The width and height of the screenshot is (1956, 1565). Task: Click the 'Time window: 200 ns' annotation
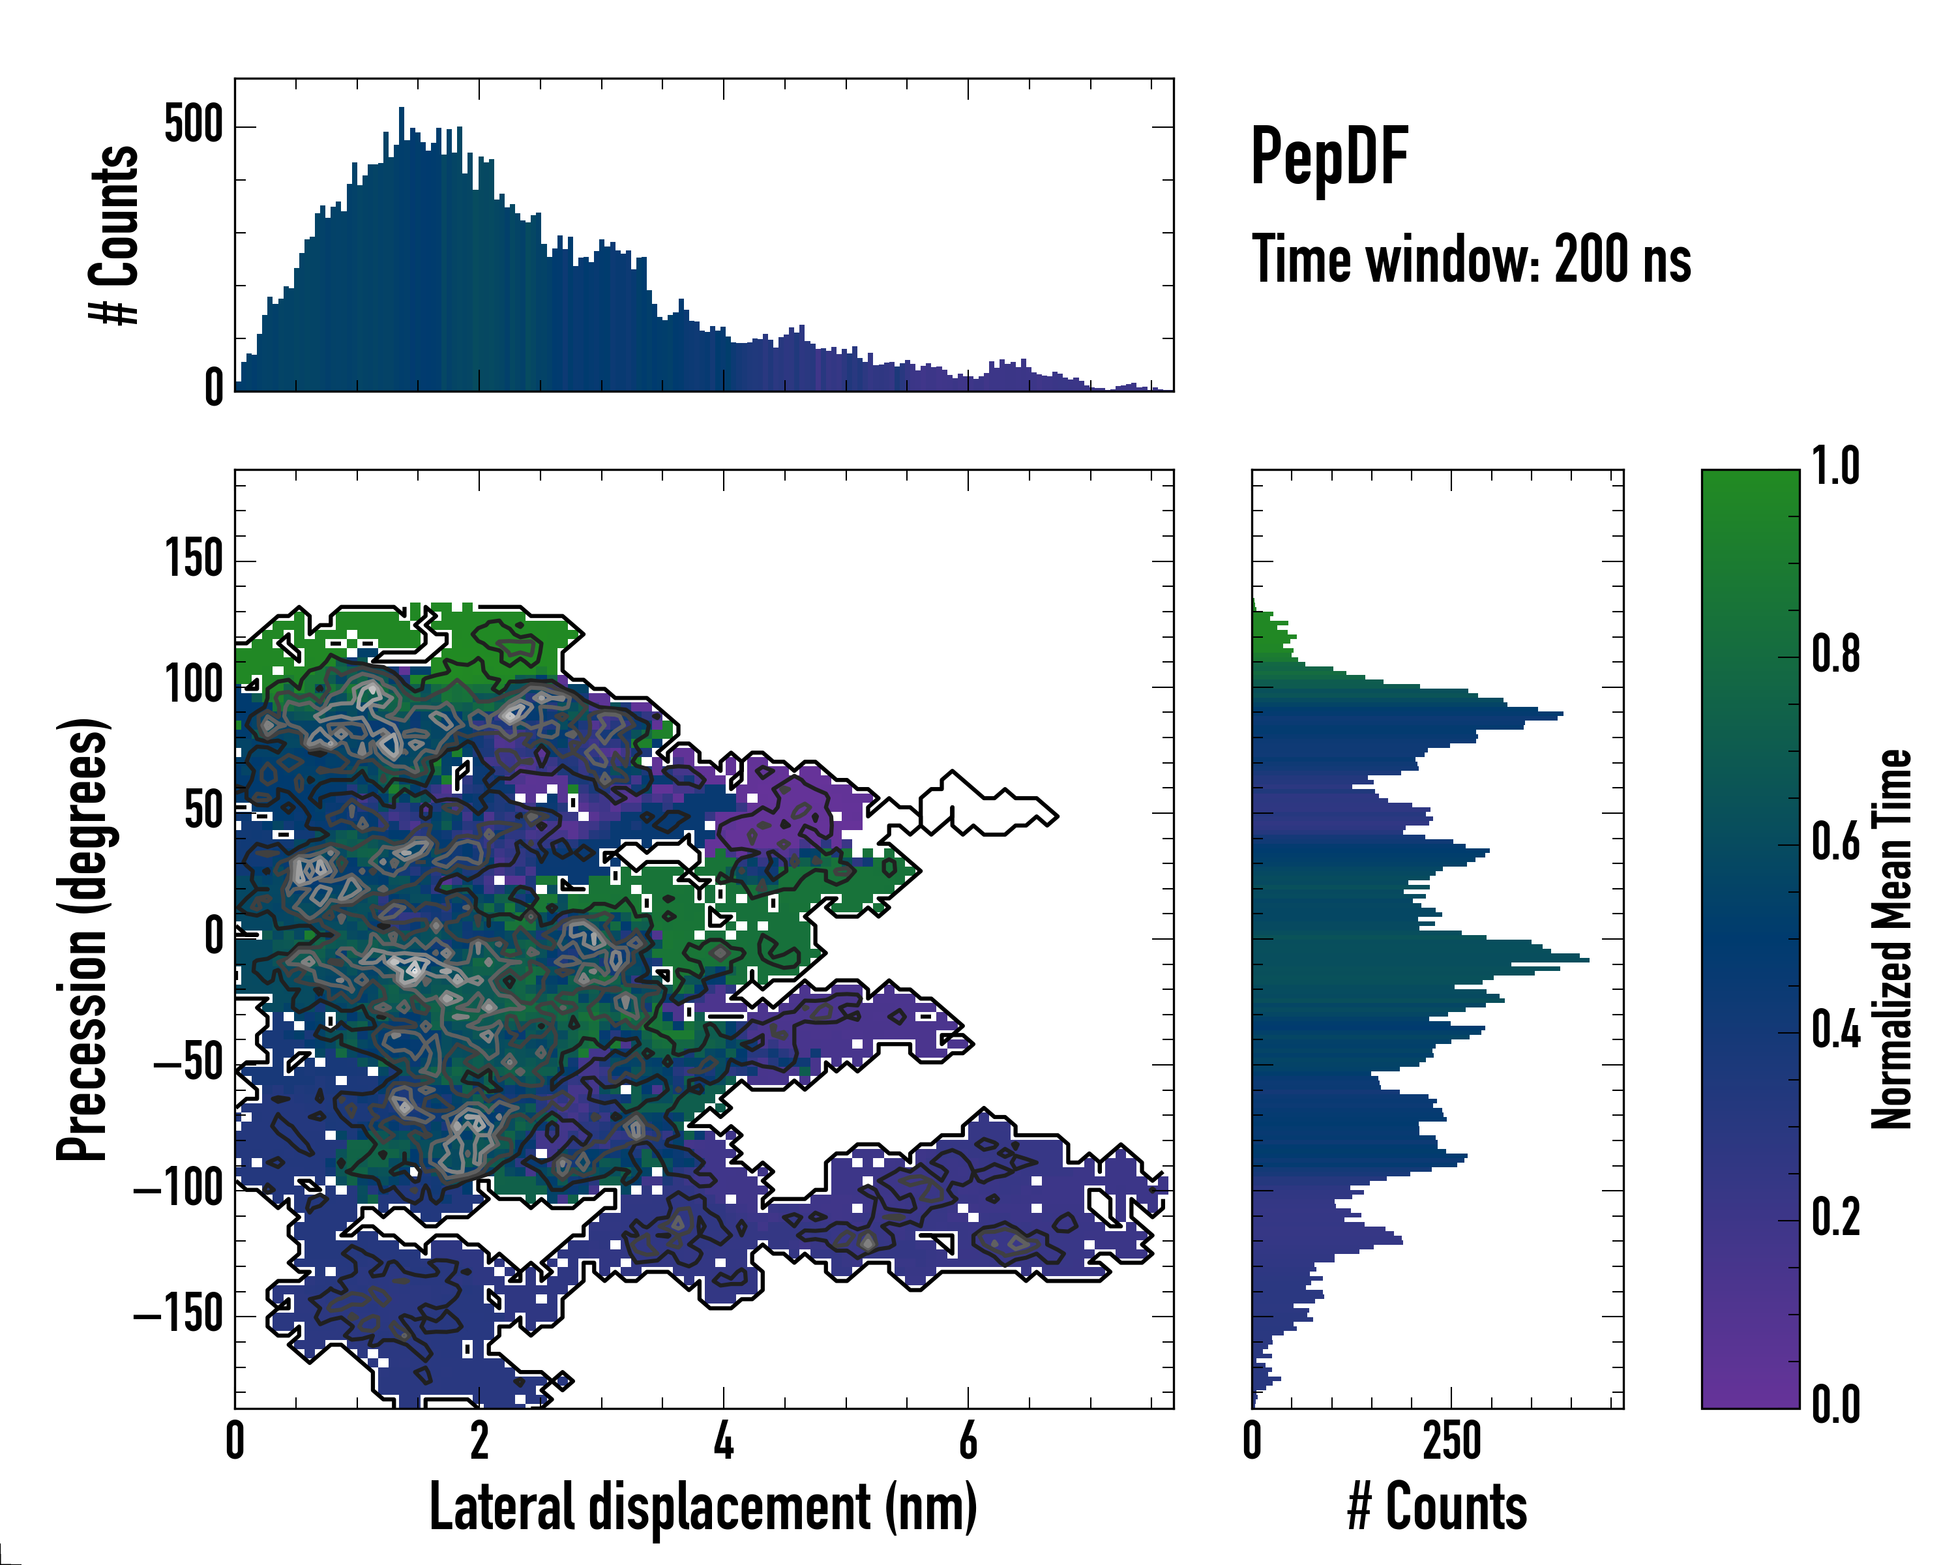[x=1471, y=260]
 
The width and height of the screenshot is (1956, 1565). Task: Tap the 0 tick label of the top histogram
[x=213, y=388]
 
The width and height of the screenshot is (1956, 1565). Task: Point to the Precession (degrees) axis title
[x=83, y=939]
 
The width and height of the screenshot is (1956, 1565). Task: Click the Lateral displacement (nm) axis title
[x=702, y=1507]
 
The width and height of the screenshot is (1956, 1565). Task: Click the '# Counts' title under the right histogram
[x=1437, y=1507]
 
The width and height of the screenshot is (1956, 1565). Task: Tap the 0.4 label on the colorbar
[x=1835, y=1032]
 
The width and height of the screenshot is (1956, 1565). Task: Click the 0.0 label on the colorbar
[x=1835, y=1405]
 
